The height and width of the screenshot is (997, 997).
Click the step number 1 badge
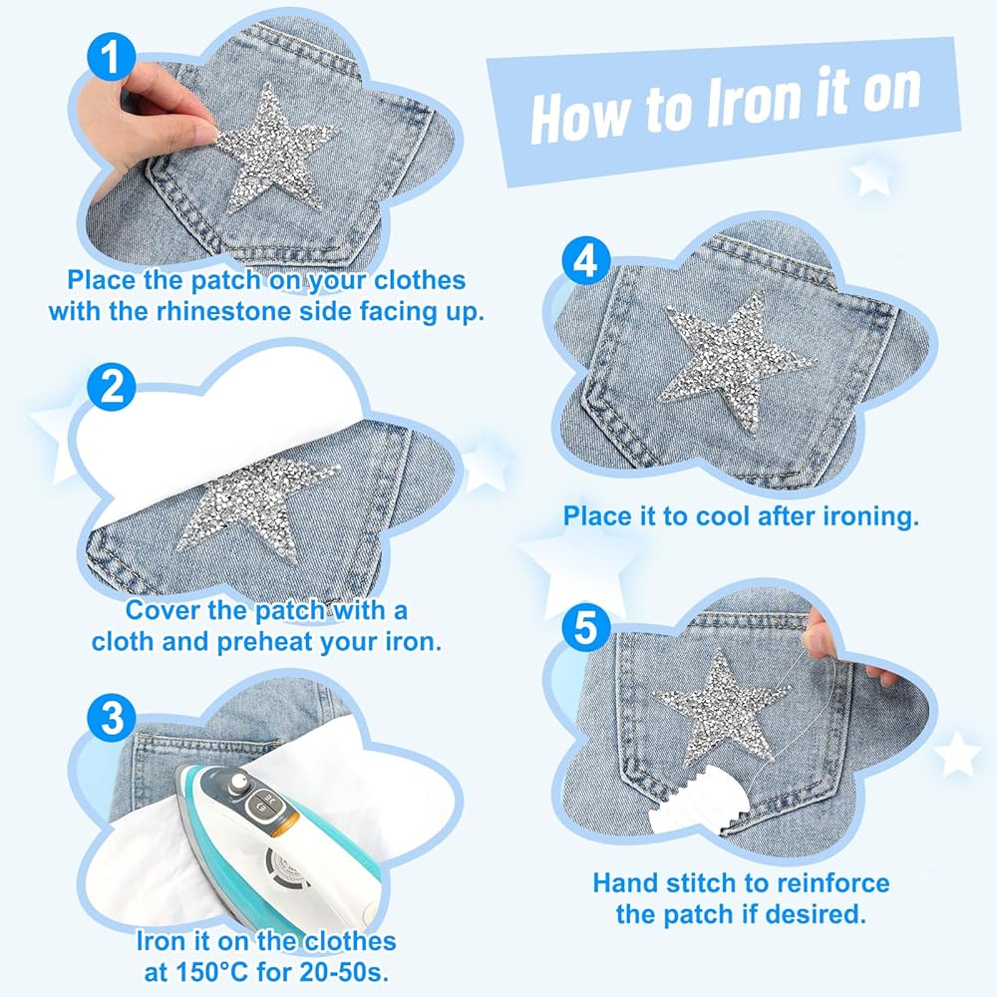pos(112,57)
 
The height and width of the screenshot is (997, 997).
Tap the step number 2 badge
pos(112,387)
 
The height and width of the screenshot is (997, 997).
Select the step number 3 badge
pos(112,718)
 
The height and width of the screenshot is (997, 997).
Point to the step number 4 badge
pos(586,260)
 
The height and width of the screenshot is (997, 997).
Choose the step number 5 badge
pos(586,628)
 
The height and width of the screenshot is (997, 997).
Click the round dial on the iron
pos(239,782)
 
